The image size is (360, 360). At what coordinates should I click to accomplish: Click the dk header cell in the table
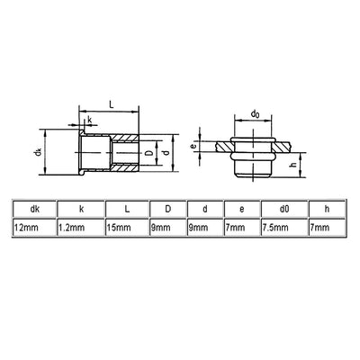pyautogui.click(x=35, y=209)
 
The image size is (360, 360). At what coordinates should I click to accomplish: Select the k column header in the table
pyautogui.click(x=81, y=209)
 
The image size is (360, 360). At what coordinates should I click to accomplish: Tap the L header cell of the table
pyautogui.click(x=127, y=209)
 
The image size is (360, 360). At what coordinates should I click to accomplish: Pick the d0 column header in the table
pyautogui.click(x=284, y=209)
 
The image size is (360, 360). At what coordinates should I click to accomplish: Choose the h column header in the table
pyautogui.click(x=327, y=209)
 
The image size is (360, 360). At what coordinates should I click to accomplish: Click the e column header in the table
pyautogui.click(x=242, y=209)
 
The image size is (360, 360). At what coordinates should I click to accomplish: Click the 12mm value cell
pyautogui.click(x=35, y=228)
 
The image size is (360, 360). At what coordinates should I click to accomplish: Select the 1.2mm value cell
pyautogui.click(x=81, y=228)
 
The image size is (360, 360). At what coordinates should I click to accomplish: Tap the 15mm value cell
pyautogui.click(x=127, y=228)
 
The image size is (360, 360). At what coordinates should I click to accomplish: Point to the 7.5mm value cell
pyautogui.click(x=284, y=228)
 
